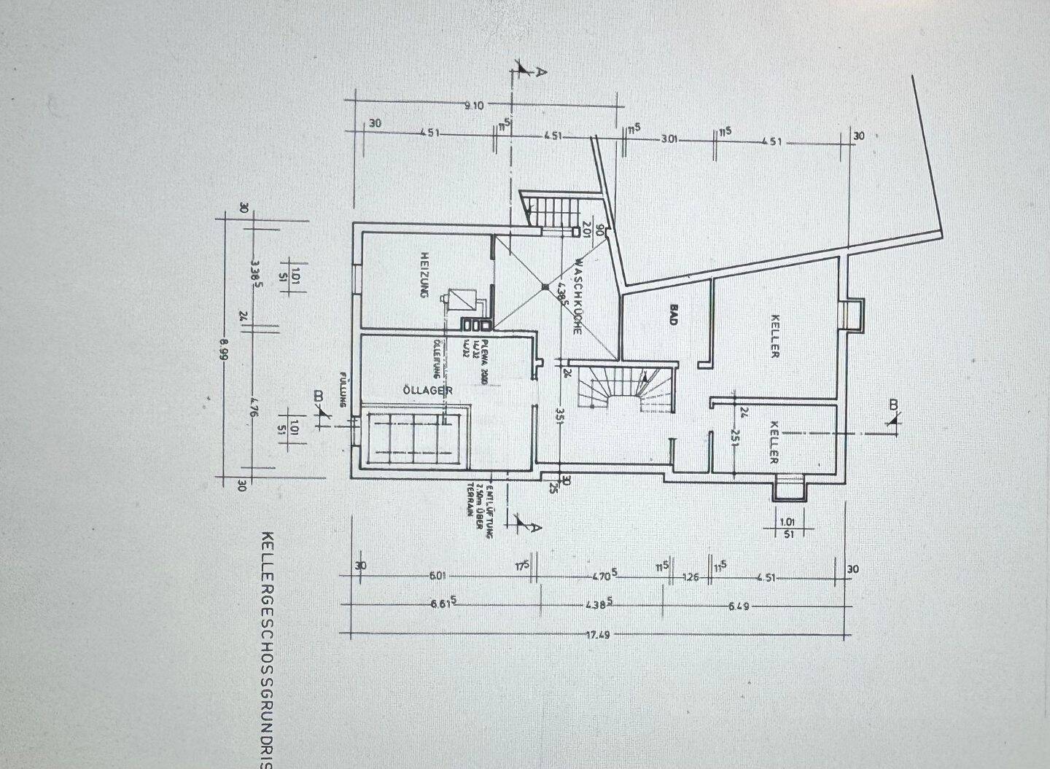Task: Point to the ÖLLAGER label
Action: tap(428, 391)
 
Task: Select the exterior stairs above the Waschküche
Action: tap(552, 209)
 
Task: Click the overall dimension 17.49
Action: tap(598, 635)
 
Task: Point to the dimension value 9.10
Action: tap(474, 106)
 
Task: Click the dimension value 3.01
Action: tap(669, 139)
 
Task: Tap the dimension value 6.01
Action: tap(437, 577)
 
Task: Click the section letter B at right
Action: tap(894, 405)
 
